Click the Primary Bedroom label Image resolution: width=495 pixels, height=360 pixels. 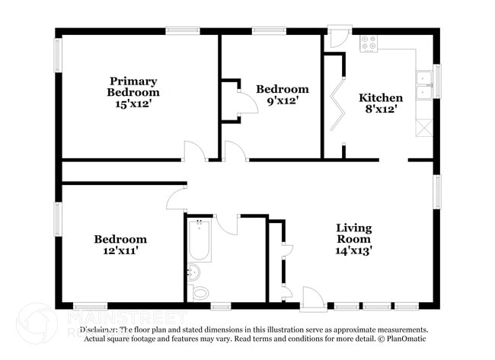click(133, 87)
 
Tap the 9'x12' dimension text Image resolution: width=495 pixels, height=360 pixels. click(282, 100)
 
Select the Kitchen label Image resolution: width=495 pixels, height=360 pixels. click(381, 97)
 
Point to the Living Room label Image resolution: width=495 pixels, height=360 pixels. click(354, 233)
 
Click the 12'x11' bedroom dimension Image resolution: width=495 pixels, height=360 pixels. click(120, 250)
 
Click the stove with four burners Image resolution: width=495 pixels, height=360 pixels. click(369, 43)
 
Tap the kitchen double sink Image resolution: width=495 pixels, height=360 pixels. click(423, 85)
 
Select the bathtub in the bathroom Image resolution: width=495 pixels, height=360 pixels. click(200, 241)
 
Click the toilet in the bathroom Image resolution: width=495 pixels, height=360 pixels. click(200, 291)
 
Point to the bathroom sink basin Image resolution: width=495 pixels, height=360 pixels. click(193, 272)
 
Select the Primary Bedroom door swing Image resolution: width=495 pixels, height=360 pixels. click(196, 151)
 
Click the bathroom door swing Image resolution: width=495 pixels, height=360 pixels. click(227, 225)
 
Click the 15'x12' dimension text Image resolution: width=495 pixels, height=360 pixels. click(133, 104)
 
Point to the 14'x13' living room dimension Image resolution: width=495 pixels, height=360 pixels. click(354, 249)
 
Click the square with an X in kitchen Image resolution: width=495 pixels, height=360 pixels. click(423, 127)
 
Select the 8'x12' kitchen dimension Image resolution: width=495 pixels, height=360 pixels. click(381, 109)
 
